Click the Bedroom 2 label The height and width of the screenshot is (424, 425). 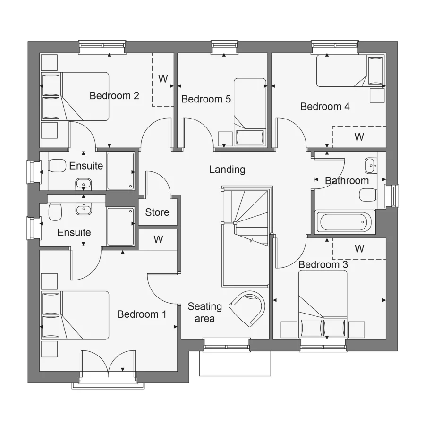click(x=114, y=96)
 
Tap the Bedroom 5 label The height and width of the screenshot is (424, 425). click(x=206, y=99)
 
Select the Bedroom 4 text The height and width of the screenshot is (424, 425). click(x=325, y=107)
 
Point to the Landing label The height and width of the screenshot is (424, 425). click(x=227, y=170)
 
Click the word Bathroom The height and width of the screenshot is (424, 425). click(x=347, y=180)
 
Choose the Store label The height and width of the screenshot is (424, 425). click(x=157, y=212)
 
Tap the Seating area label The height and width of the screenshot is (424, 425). click(x=204, y=312)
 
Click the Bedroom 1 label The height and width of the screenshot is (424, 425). click(x=142, y=314)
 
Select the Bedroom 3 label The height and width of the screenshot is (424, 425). click(x=323, y=264)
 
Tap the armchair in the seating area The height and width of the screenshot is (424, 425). click(x=247, y=307)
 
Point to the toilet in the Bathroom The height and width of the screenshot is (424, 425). click(x=367, y=195)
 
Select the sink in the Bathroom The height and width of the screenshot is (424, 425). click(x=370, y=165)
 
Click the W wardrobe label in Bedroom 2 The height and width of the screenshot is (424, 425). click(x=163, y=79)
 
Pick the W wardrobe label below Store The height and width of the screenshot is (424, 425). click(x=158, y=239)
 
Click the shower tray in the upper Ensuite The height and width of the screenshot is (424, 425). click(x=121, y=170)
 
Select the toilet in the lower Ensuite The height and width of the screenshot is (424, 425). click(x=55, y=212)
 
